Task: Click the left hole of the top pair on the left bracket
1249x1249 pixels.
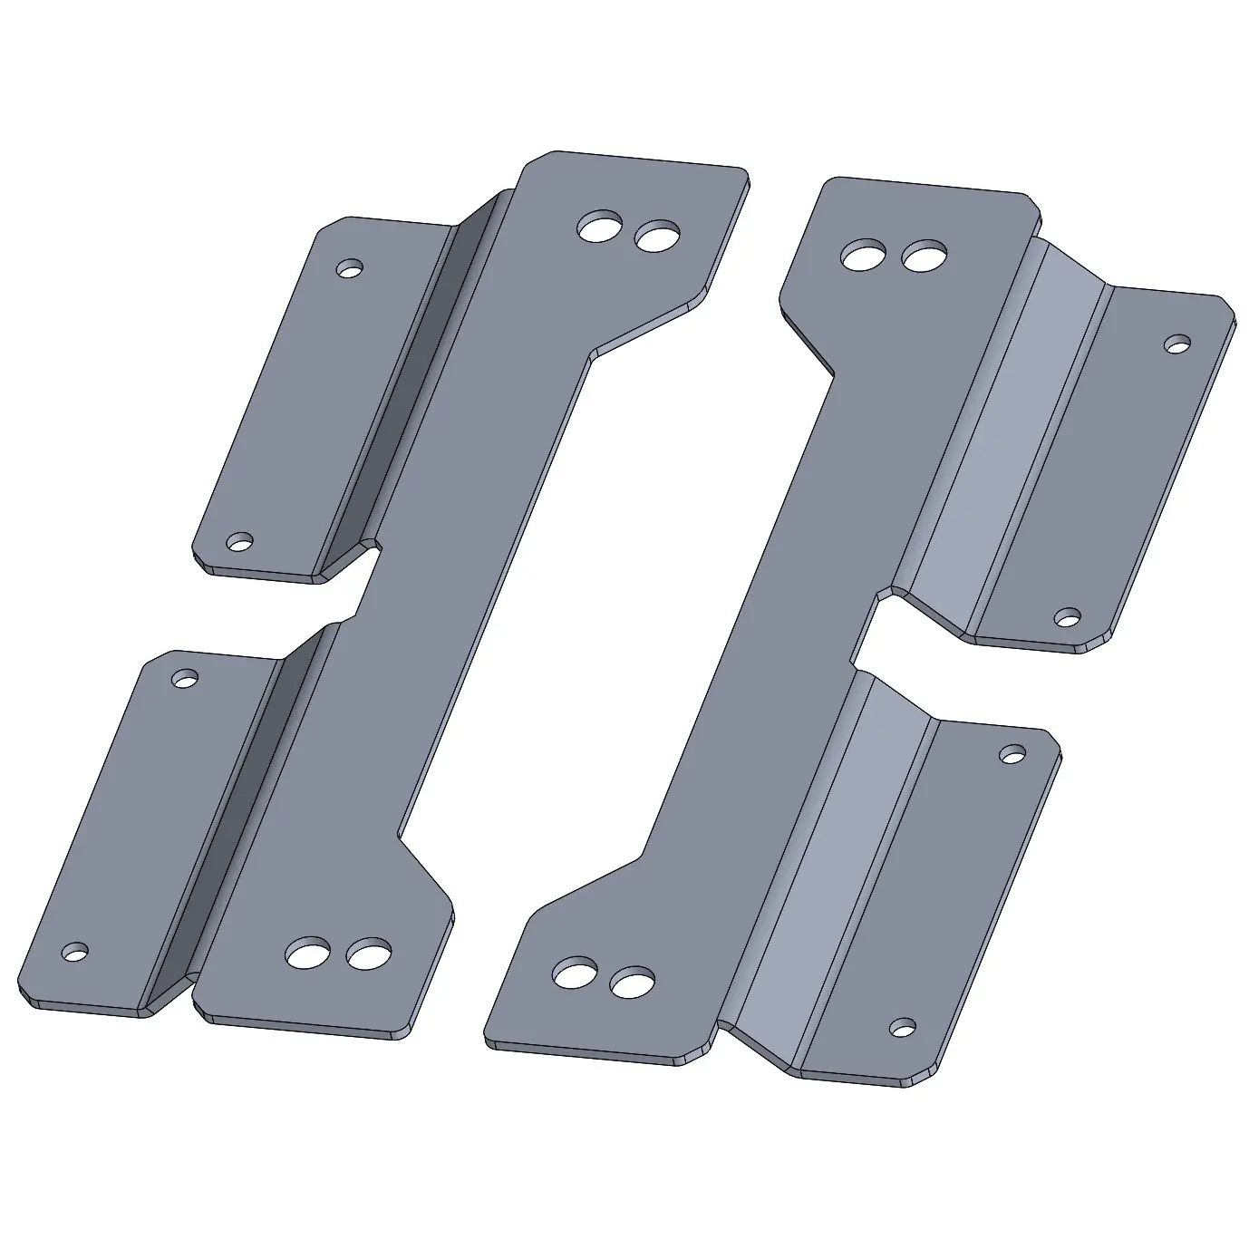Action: pyautogui.click(x=600, y=228)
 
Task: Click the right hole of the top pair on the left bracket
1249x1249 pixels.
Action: pyautogui.click(x=657, y=237)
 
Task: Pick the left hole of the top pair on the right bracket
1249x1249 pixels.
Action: pyautogui.click(x=864, y=256)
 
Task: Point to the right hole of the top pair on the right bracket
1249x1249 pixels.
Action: pyautogui.click(x=924, y=257)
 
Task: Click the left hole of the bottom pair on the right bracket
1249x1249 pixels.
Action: pyautogui.click(x=575, y=974)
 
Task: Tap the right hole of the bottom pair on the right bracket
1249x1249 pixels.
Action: pyautogui.click(x=632, y=982)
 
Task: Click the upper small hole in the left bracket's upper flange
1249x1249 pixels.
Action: pyautogui.click(x=349, y=268)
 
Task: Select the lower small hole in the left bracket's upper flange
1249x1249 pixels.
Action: pyautogui.click(x=239, y=542)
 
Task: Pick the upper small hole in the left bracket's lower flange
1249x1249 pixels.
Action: pyautogui.click(x=185, y=677)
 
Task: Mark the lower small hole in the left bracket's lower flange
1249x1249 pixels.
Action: pyautogui.click(x=75, y=953)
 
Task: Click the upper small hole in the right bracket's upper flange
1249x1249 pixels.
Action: pyautogui.click(x=1176, y=344)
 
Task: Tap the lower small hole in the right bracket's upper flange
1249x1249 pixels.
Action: pyautogui.click(x=1068, y=618)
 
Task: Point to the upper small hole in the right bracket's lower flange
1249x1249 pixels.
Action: pyautogui.click(x=1012, y=752)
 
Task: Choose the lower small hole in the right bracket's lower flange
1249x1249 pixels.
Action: pyautogui.click(x=901, y=1026)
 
